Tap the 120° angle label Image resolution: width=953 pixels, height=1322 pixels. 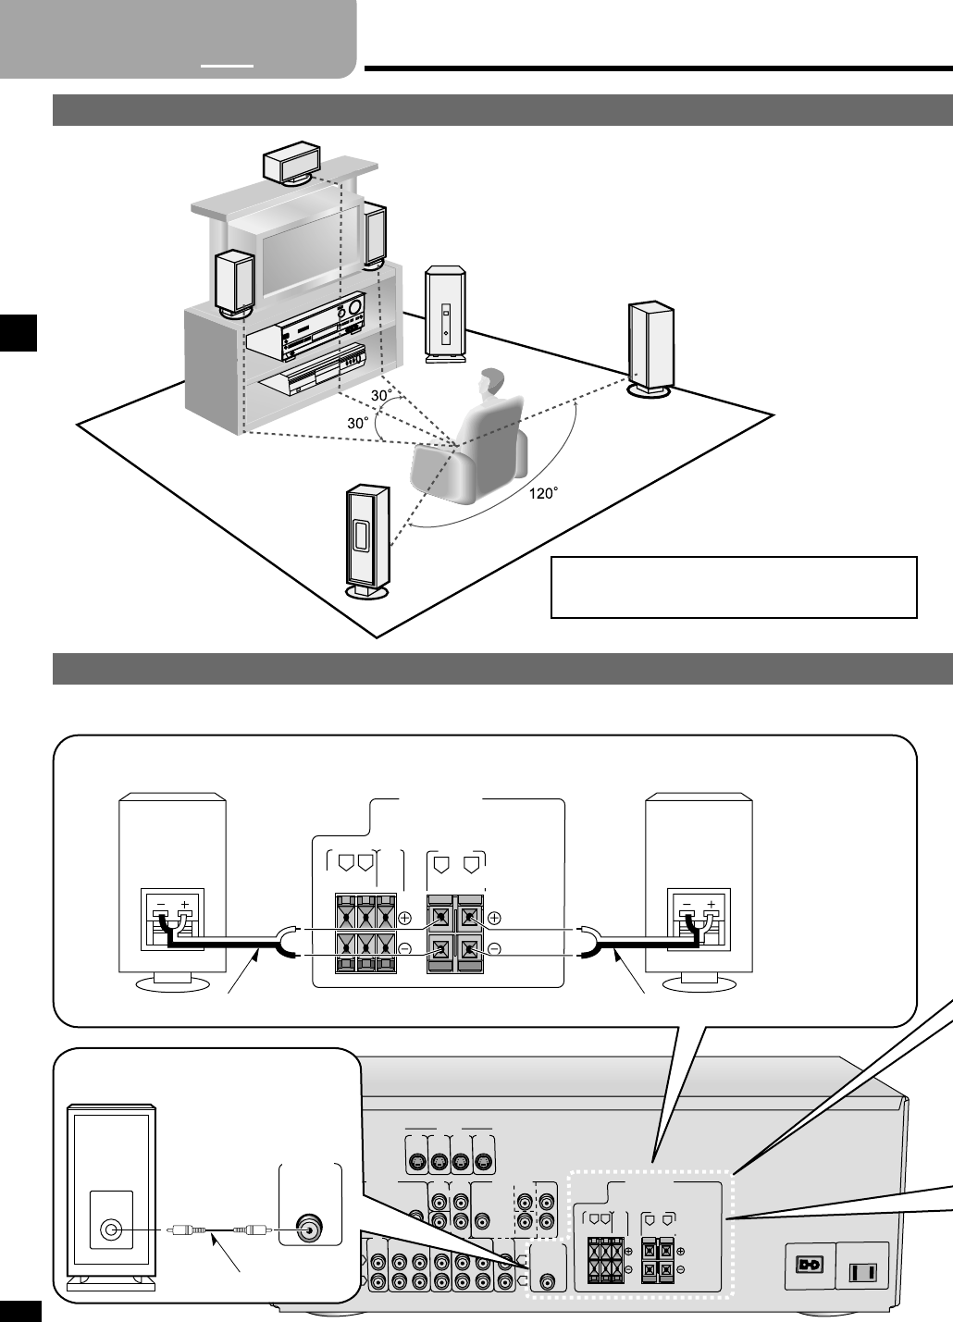544,493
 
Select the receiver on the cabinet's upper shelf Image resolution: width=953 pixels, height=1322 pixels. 309,329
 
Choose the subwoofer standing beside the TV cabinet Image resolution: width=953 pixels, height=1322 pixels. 445,311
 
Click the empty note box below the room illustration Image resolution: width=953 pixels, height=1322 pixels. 733,587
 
